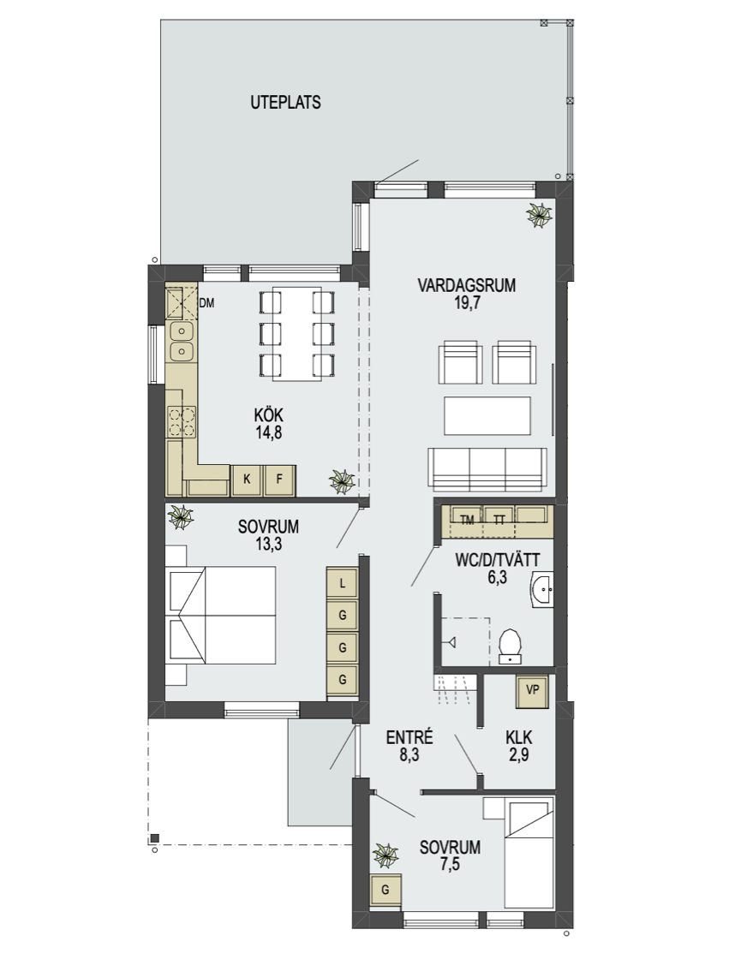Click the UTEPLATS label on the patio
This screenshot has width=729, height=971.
click(285, 102)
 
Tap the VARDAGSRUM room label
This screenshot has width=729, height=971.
click(466, 285)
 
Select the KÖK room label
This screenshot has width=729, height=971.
click(269, 415)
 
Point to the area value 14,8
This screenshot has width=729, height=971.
click(269, 432)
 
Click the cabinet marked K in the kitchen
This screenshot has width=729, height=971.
click(247, 480)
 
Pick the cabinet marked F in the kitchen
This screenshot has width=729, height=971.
click(279, 480)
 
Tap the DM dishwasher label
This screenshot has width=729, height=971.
click(206, 303)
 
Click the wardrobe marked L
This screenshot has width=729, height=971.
click(343, 583)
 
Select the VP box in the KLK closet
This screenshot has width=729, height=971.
click(533, 690)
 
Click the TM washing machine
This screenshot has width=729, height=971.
click(467, 521)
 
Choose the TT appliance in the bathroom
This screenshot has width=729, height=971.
click(499, 521)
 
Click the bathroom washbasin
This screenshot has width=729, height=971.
click(542, 590)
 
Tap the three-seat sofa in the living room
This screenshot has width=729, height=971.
click(487, 468)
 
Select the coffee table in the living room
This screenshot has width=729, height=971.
click(487, 416)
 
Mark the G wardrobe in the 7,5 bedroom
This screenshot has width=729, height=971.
click(385, 891)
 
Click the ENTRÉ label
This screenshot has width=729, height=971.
click(409, 737)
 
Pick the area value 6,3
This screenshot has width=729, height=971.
click(498, 577)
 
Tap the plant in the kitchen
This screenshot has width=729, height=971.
click(342, 480)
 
